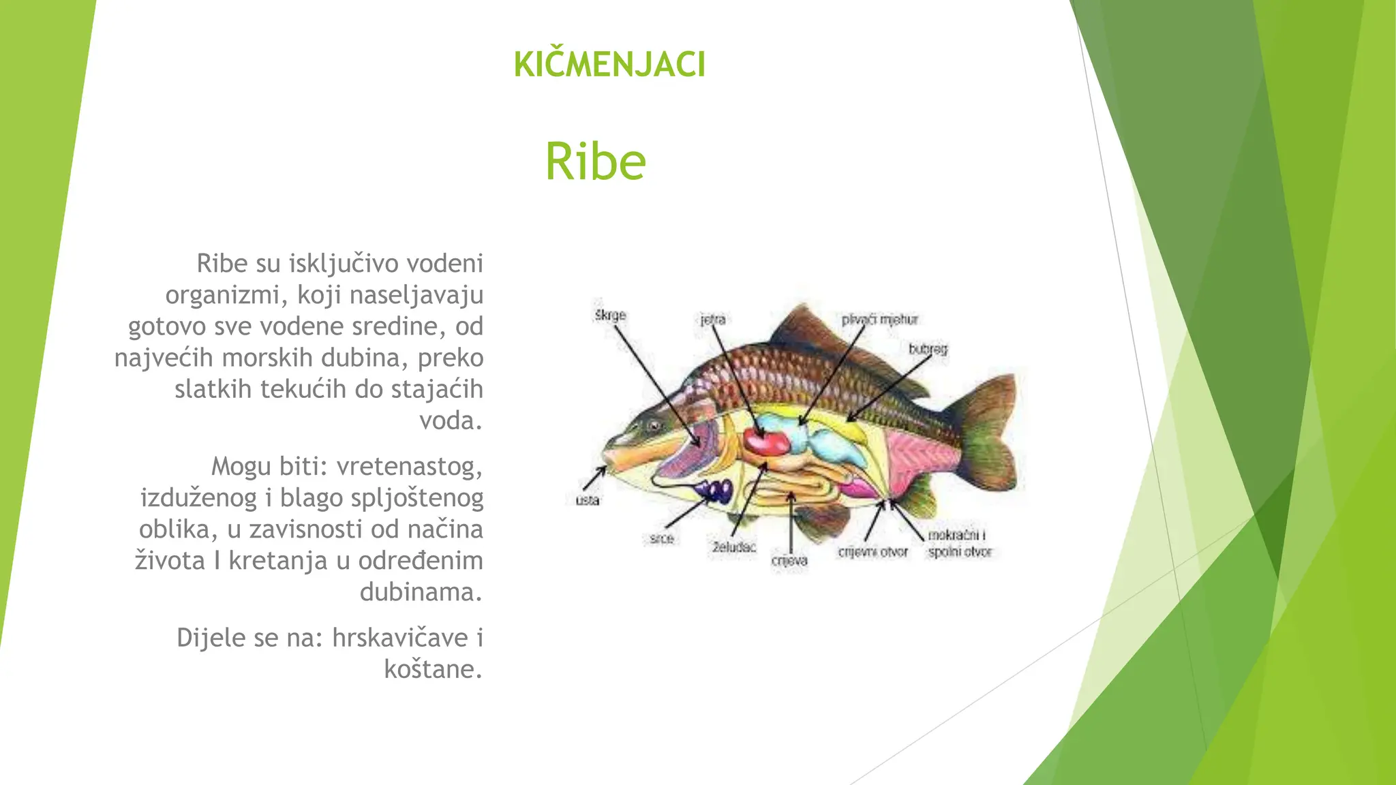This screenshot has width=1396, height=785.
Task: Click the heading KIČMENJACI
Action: (609, 65)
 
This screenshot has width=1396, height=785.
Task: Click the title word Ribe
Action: (595, 161)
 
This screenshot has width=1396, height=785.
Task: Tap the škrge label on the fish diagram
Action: (610, 315)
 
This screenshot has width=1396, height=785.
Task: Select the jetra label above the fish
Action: (713, 320)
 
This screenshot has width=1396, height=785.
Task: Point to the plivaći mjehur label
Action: (879, 320)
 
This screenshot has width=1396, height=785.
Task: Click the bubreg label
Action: (928, 349)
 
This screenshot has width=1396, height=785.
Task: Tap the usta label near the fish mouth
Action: (587, 500)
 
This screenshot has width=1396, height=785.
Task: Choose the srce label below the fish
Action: (661, 538)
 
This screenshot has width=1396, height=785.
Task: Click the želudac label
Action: (734, 547)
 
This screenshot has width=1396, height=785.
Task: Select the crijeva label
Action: (789, 560)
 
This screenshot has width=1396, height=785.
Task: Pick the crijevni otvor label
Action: (872, 552)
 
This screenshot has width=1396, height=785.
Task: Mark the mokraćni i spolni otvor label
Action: (959, 544)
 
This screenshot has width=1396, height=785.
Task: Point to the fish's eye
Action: (654, 426)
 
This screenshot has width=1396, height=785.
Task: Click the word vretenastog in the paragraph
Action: (409, 467)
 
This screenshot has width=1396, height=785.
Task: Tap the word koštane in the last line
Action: (433, 669)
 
